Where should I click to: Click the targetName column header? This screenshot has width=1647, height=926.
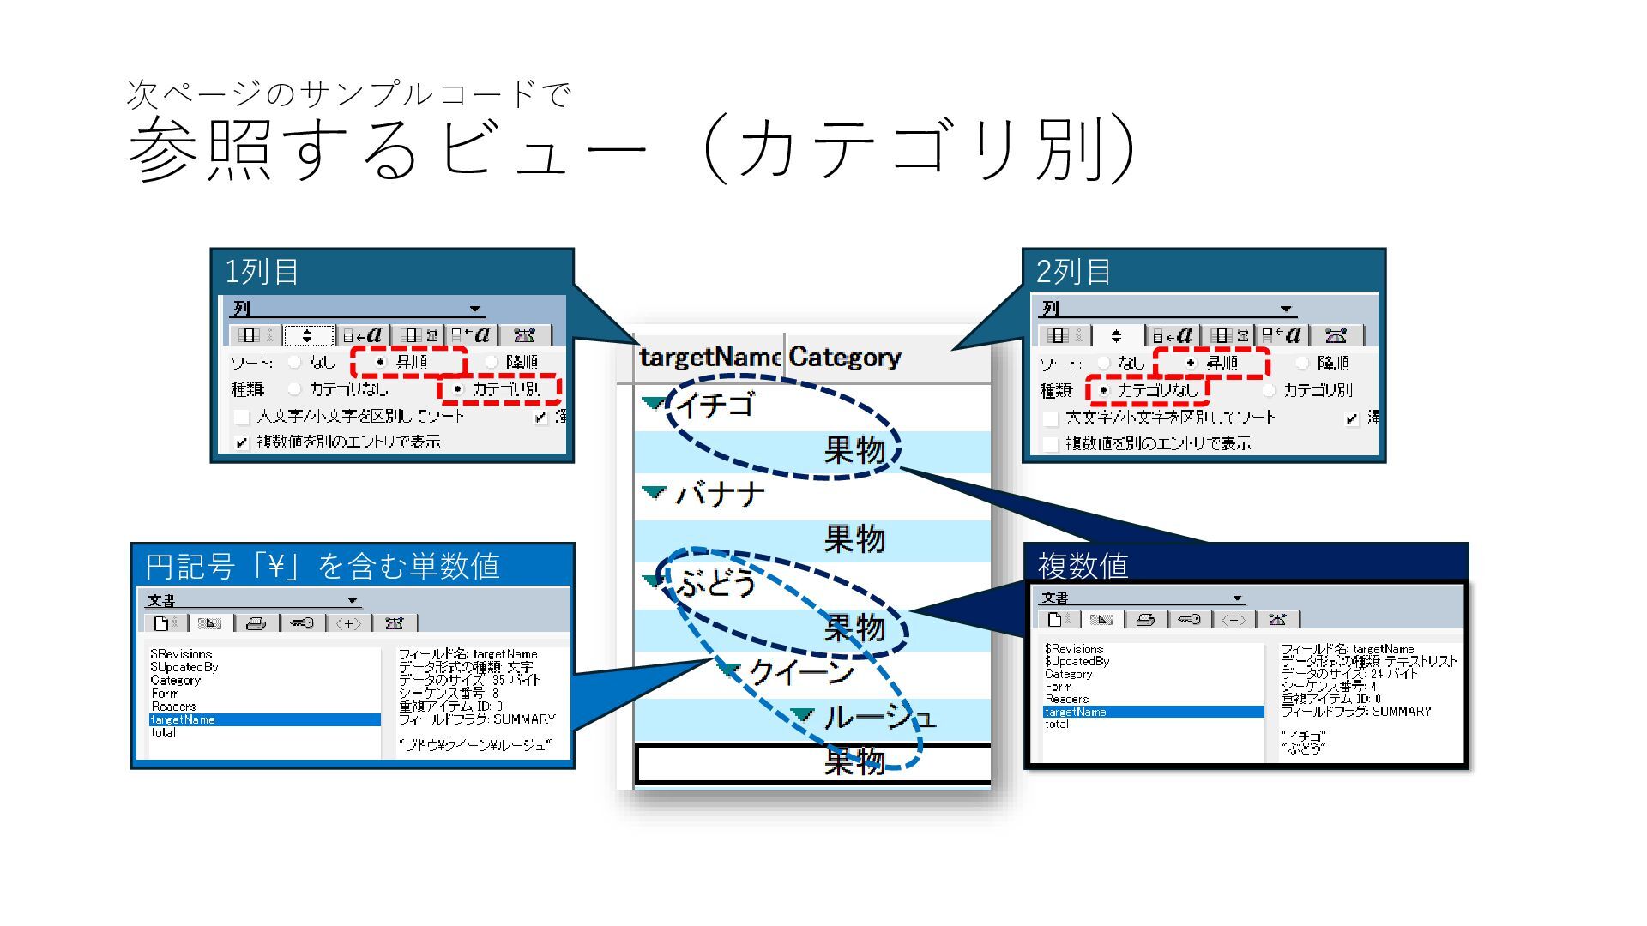point(709,358)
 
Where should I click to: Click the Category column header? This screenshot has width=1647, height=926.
point(844,358)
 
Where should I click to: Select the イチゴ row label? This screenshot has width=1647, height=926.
point(716,404)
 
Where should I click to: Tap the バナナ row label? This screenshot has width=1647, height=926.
point(720,495)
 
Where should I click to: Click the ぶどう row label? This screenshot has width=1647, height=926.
point(716,584)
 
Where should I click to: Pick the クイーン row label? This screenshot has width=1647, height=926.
point(800,672)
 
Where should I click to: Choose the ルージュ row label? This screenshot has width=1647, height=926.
point(878,717)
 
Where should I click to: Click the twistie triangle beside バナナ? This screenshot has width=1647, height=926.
point(654,493)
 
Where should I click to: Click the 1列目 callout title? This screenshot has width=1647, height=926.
point(262,272)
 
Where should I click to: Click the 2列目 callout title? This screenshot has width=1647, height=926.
point(1073,272)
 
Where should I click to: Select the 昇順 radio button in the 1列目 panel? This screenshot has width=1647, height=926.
point(382,362)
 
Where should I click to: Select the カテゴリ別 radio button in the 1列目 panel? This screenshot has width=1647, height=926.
point(457,389)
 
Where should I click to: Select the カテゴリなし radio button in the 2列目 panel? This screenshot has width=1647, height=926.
point(1103,390)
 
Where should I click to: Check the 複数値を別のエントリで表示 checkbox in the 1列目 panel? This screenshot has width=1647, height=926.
point(242,442)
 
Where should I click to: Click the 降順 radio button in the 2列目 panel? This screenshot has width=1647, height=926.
point(1302,363)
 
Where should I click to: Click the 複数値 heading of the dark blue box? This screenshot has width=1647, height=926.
point(1083,566)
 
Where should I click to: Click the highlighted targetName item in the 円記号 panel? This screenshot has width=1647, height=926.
point(183,720)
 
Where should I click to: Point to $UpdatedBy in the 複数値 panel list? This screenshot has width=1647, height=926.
point(1077,661)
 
